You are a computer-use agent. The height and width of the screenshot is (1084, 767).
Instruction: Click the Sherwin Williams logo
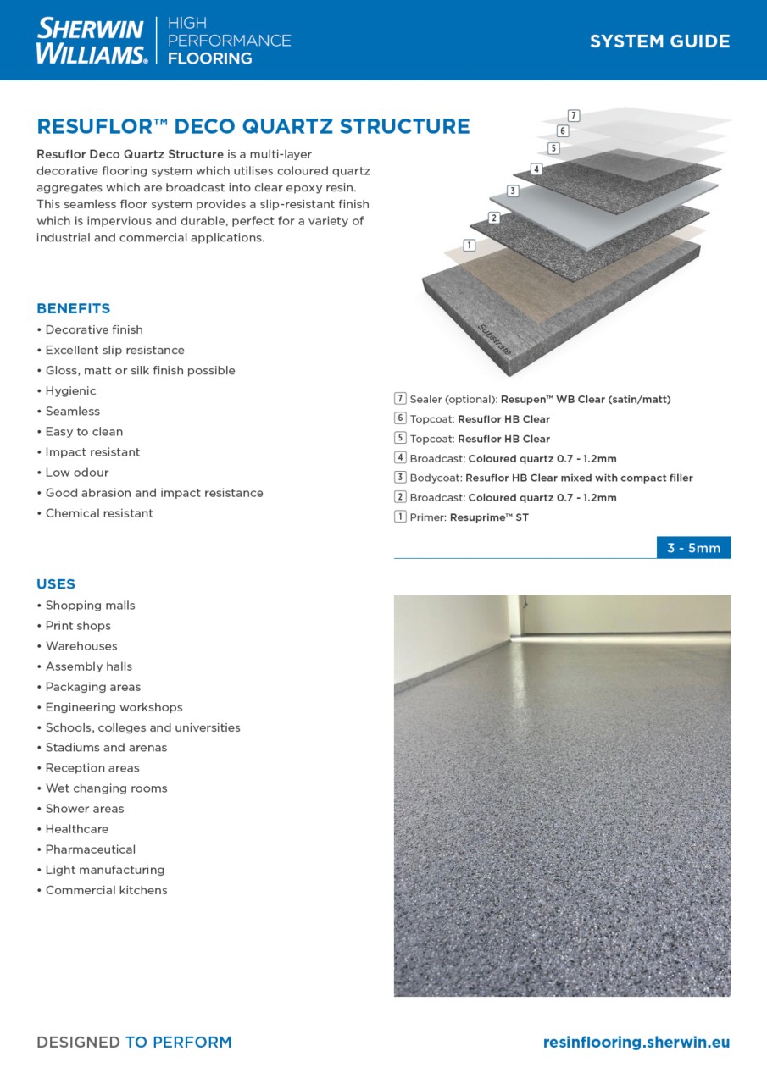[x=92, y=41]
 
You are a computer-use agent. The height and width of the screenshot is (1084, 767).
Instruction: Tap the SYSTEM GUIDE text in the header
[x=659, y=41]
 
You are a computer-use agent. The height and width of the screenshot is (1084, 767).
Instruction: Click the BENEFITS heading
[x=74, y=308]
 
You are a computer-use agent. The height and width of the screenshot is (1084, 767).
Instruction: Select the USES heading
[x=56, y=583]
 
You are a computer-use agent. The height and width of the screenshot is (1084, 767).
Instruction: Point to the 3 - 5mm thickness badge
[x=693, y=548]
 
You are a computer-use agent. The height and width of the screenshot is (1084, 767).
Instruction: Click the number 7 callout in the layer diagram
[x=574, y=115]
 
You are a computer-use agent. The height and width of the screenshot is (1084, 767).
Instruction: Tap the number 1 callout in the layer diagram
[x=470, y=246]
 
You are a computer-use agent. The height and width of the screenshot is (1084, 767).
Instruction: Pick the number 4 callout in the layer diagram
[x=536, y=169]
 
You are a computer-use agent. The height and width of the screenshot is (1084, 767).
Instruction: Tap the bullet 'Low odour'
[x=77, y=473]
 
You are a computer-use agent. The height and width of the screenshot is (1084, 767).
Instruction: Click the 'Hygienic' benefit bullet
[x=70, y=391]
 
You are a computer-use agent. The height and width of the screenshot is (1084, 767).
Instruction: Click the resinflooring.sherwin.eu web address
[x=636, y=1043]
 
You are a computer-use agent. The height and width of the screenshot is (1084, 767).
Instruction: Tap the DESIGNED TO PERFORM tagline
[x=134, y=1043]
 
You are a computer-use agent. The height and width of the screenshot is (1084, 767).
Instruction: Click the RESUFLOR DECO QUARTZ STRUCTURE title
[x=253, y=127]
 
